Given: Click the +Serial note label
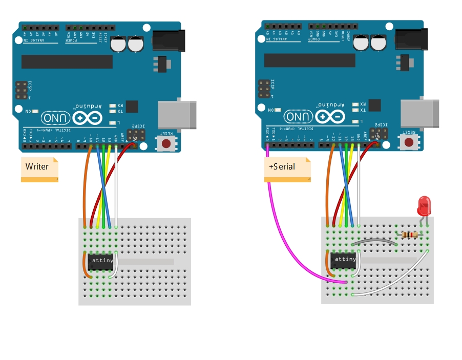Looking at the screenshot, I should (283, 167).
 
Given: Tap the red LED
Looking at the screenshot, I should (424, 206).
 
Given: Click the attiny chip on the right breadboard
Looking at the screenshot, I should (344, 260).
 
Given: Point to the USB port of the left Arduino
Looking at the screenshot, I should (177, 114).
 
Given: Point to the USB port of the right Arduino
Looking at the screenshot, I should (420, 114).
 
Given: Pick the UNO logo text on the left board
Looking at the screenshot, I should (56, 117).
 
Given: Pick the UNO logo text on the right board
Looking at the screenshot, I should (299, 117).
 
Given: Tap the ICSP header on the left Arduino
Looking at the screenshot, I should (22, 90).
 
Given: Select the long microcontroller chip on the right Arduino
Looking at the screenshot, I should (309, 61).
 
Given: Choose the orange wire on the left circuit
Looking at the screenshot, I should (86, 184).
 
